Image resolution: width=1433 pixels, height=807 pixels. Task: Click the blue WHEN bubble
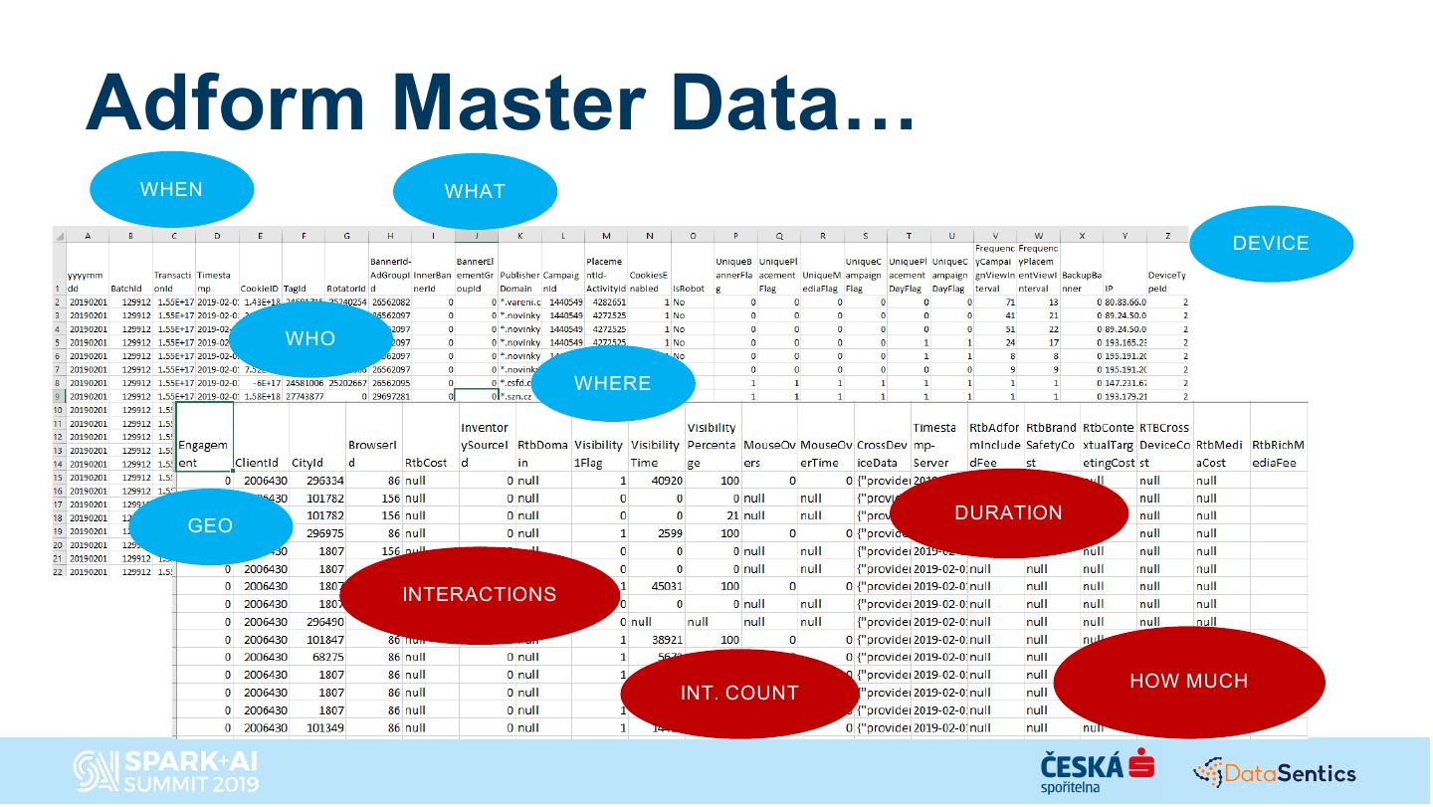171,190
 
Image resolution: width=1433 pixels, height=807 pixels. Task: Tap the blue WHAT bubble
475,191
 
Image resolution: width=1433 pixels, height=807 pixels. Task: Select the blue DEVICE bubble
1271,244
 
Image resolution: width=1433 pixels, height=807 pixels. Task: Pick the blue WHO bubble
310,339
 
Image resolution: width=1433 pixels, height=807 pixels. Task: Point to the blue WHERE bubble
612,384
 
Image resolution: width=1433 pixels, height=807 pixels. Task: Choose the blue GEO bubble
210,526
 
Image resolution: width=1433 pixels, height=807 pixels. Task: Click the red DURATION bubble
1008,513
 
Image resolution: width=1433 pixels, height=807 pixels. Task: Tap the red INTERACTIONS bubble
479,595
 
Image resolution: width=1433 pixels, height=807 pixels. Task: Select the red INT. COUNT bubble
739,694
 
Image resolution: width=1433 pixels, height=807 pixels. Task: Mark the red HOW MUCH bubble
1188,682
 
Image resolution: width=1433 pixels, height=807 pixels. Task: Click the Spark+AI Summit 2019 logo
167,772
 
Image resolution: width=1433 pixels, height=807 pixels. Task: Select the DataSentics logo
1275,772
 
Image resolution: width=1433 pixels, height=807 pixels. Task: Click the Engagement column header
203,454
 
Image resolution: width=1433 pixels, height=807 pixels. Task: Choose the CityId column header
307,463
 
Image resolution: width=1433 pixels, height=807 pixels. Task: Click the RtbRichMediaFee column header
1278,454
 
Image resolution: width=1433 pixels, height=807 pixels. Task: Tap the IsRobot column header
689,289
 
